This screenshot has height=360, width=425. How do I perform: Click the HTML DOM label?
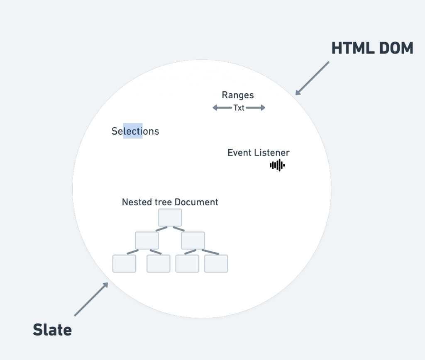click(372, 49)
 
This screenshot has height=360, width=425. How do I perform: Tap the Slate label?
click(52, 330)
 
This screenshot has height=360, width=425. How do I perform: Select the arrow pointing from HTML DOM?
click(312, 78)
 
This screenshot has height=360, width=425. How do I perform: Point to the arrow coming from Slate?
click(91, 299)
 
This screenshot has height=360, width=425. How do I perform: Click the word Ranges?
click(238, 95)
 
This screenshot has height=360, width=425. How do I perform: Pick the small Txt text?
click(239, 108)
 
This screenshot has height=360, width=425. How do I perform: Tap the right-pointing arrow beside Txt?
click(256, 108)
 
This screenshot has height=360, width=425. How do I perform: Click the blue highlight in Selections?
click(133, 131)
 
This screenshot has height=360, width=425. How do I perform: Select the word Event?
click(239, 153)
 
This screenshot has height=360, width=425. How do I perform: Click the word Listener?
click(272, 153)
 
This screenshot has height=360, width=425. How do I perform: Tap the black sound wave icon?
click(277, 165)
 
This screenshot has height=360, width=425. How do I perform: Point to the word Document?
click(196, 202)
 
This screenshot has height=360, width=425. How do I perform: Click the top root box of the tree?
click(170, 217)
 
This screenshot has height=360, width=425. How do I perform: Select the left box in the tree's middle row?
click(147, 241)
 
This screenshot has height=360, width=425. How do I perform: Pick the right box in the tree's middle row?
click(193, 241)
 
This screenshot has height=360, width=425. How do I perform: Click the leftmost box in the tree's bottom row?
click(124, 264)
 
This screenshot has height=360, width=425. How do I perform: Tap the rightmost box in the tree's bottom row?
click(216, 264)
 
